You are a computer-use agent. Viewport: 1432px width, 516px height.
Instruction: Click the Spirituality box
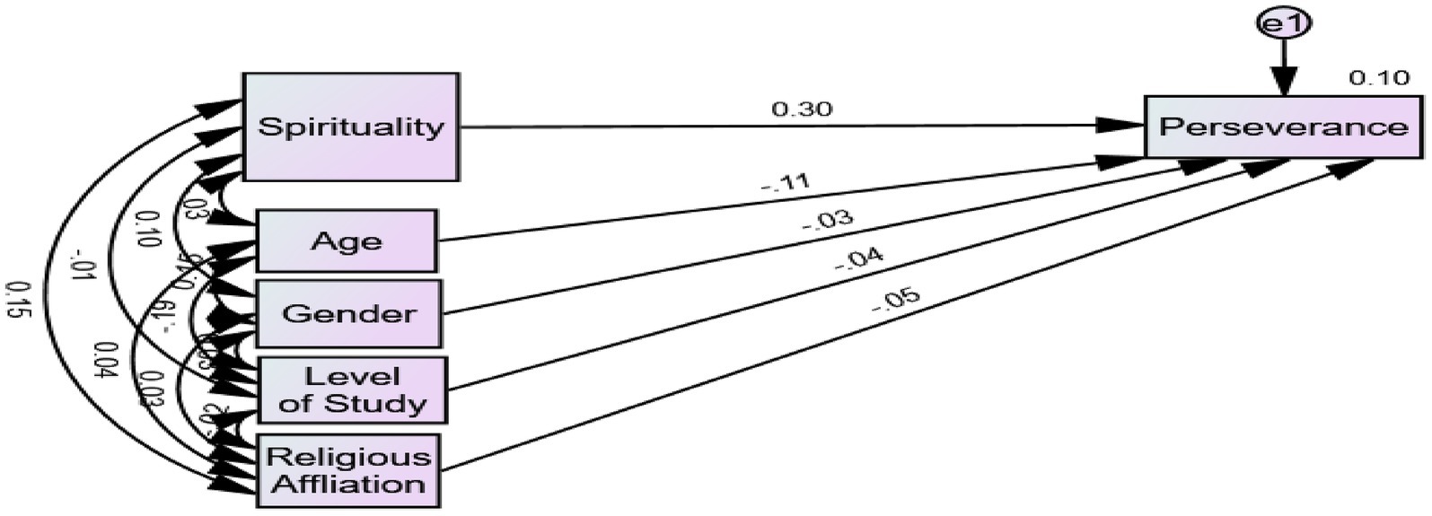(351, 127)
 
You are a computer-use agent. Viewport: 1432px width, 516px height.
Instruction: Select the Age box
(347, 241)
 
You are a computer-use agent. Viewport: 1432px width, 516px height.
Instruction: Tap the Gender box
(349, 313)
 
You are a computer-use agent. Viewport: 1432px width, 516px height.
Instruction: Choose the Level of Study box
(352, 390)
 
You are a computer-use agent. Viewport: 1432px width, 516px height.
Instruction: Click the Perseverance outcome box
(1284, 127)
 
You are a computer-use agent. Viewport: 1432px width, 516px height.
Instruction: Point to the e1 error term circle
(1284, 24)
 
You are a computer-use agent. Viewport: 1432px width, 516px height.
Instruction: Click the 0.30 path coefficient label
(802, 109)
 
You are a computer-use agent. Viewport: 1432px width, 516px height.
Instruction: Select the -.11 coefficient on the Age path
(786, 184)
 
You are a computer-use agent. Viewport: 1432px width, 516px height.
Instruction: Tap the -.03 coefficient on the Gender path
(827, 221)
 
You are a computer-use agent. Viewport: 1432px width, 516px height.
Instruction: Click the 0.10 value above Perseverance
(1379, 79)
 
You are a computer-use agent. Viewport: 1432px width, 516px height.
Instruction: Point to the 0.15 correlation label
(15, 301)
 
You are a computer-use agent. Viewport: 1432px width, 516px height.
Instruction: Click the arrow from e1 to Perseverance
(1284, 67)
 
